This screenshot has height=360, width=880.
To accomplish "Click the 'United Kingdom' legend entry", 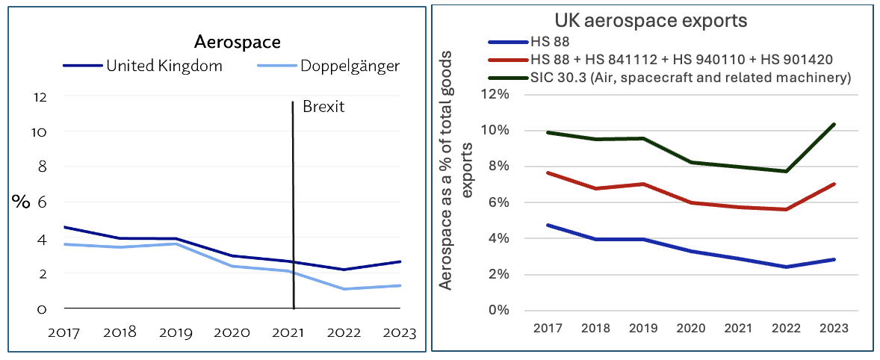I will tap(164, 66).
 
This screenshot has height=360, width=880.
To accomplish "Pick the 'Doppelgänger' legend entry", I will tap(349, 66).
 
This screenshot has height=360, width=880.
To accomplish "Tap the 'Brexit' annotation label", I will tap(323, 107).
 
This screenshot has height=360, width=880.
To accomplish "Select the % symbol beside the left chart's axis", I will tap(21, 202).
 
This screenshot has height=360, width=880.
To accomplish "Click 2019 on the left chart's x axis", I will tap(176, 332).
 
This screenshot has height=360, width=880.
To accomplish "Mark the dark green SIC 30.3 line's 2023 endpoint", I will tap(834, 125).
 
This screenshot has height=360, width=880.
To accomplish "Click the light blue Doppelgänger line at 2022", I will tap(344, 288).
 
